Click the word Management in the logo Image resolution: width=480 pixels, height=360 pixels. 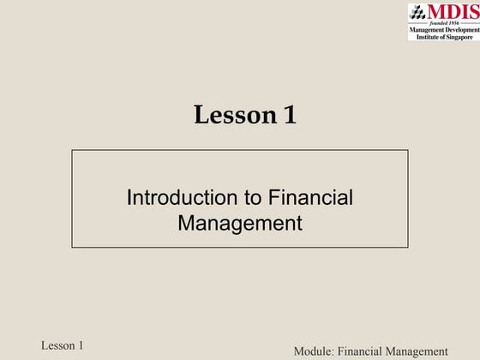point(426,31)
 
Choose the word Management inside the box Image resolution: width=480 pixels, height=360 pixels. point(240,224)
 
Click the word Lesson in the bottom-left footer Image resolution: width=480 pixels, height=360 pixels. point(59,345)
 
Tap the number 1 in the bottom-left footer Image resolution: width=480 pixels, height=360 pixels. point(81,345)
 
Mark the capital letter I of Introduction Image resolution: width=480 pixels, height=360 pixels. point(129,198)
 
